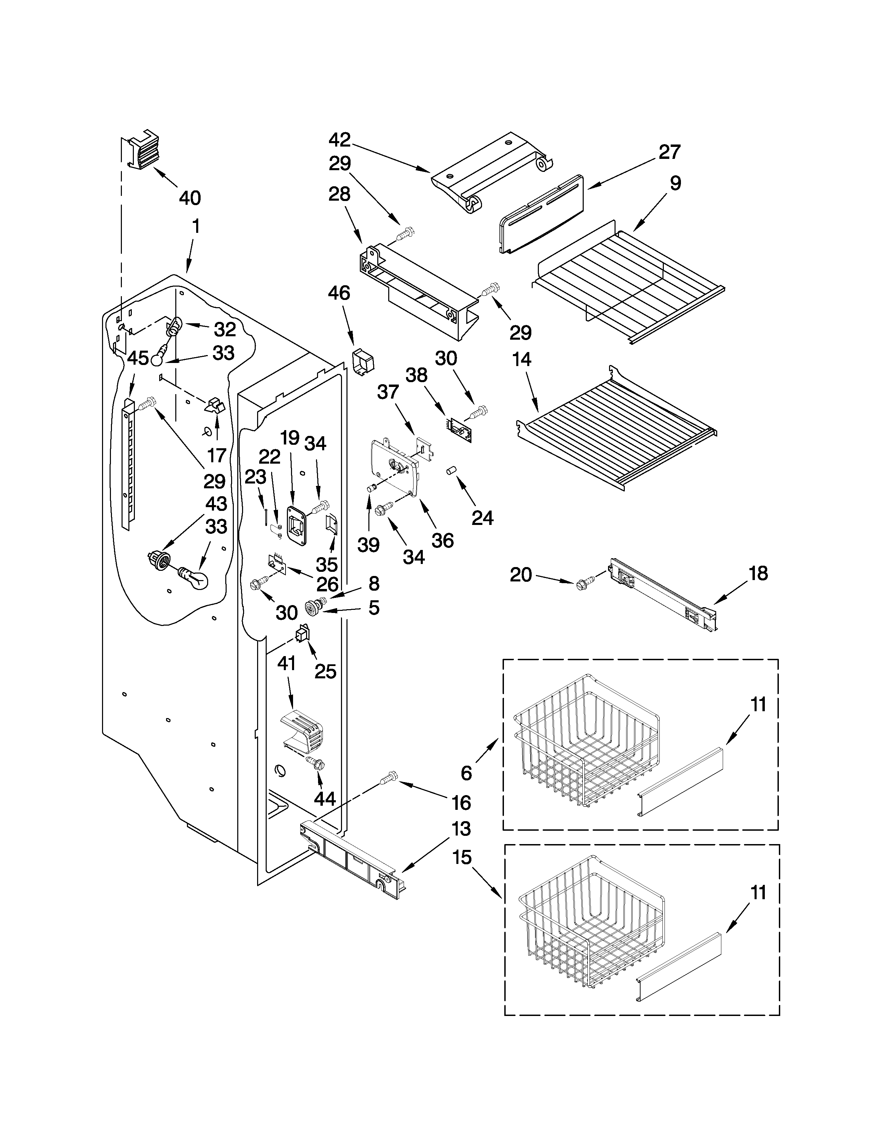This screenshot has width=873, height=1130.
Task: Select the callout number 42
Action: [x=340, y=140]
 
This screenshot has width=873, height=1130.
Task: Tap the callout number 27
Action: [x=670, y=152]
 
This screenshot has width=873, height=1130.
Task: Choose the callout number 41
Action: [x=287, y=663]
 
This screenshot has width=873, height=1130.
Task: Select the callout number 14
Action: [x=522, y=359]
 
